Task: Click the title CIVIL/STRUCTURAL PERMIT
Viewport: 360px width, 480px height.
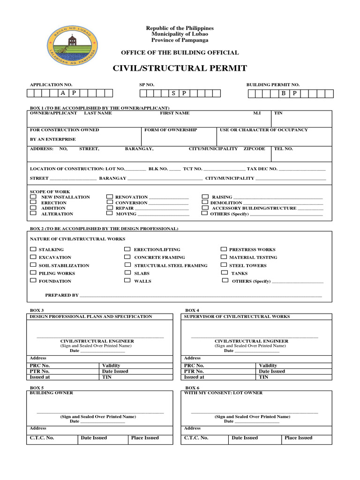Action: (180, 68)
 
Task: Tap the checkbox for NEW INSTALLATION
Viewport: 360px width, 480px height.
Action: (33, 197)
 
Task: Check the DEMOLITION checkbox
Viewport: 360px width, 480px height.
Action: (205, 202)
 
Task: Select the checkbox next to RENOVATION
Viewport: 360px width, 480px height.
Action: (109, 197)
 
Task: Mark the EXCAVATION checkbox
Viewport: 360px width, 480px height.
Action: (33, 257)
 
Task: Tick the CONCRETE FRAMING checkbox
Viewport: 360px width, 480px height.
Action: (127, 257)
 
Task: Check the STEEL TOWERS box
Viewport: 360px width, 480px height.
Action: (224, 265)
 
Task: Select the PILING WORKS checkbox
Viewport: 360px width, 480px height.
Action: (33, 272)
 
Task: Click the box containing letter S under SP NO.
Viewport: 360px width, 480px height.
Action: (173, 93)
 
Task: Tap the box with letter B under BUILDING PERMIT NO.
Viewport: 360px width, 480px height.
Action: (284, 93)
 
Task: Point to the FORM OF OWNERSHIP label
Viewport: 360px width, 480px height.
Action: (171, 130)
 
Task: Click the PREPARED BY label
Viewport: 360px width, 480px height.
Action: (61, 295)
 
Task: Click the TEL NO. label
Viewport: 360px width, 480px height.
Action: (283, 149)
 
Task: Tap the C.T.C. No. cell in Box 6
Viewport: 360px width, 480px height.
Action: (205, 439)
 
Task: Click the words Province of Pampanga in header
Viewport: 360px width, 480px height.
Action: (180, 40)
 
